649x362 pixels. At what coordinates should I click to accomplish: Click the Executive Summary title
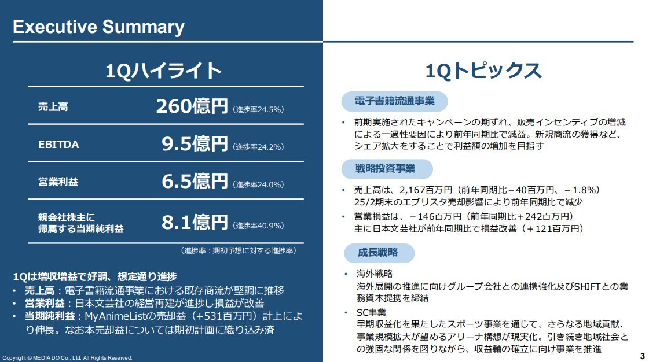tap(98, 27)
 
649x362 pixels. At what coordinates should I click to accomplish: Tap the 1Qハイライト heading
tap(163, 71)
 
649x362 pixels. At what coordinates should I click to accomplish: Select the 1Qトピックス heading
tap(483, 71)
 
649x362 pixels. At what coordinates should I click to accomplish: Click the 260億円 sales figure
tap(192, 106)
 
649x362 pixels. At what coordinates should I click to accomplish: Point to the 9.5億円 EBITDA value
tap(195, 144)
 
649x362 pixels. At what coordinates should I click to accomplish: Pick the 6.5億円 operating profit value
tap(195, 182)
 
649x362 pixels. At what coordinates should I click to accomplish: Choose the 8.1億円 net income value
tap(195, 222)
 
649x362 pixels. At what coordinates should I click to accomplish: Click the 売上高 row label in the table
tap(53, 107)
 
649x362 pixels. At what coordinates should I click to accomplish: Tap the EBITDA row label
tap(58, 145)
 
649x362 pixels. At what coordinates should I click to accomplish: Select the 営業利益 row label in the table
tap(58, 182)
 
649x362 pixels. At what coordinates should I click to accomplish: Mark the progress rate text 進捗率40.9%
tap(258, 226)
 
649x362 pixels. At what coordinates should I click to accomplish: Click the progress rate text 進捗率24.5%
tap(258, 109)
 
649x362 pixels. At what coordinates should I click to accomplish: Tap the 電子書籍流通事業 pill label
tap(394, 101)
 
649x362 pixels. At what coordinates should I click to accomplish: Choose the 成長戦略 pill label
tap(377, 253)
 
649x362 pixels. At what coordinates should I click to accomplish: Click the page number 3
tap(643, 356)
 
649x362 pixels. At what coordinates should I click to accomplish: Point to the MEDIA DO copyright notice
tap(68, 358)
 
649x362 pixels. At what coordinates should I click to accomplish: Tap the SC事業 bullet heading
tap(371, 313)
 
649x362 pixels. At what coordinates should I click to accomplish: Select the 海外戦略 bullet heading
tap(375, 274)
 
